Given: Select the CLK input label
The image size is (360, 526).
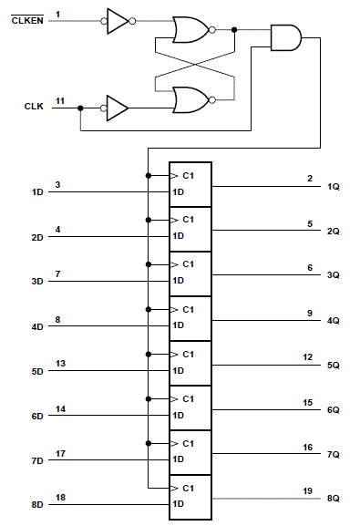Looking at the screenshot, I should coord(33,107).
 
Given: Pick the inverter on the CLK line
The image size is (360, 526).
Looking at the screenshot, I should coord(118,107).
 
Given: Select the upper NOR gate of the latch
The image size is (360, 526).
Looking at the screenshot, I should coord(190,30).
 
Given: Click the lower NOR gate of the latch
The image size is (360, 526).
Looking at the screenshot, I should coord(190,98).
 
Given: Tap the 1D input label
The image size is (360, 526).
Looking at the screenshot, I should coord(37,192).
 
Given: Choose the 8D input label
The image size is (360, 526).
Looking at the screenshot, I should coord(37,505).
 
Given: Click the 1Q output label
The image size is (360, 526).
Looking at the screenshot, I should coord(334,186).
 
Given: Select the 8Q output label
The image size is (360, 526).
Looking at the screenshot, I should coord(334,499).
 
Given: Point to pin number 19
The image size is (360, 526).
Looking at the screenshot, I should coord(308,490).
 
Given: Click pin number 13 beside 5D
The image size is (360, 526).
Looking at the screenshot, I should coord(60,363).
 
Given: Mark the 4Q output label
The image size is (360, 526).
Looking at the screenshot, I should coord(334,320).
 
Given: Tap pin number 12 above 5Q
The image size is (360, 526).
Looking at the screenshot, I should coord(308,356).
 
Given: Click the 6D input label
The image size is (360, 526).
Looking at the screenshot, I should coord(37,416).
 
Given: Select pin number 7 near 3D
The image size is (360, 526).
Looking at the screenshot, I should coord(57,273).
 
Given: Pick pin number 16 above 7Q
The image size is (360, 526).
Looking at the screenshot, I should coord(308,446).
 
